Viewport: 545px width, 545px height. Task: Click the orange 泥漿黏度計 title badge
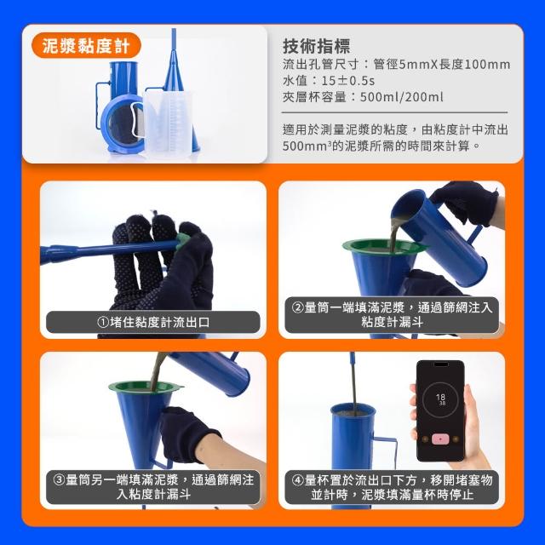tap(86, 45)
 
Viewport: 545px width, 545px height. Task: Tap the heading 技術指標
tap(316, 46)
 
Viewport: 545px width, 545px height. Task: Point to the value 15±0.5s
tap(348, 81)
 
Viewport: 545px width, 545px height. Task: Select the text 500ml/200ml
tap(401, 96)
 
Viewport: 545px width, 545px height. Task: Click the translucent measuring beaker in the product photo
tap(168, 123)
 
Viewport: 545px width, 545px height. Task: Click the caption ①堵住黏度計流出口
tap(153, 322)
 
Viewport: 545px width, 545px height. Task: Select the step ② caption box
tap(392, 315)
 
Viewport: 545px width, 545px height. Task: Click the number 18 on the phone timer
tap(440, 397)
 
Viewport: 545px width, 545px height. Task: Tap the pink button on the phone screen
tap(440, 439)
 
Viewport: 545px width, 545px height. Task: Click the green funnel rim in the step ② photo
tap(384, 246)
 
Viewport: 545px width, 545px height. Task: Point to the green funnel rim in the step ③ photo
tap(146, 386)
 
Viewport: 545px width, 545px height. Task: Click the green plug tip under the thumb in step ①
tap(182, 240)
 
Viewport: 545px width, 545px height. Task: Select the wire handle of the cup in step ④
tap(387, 452)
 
